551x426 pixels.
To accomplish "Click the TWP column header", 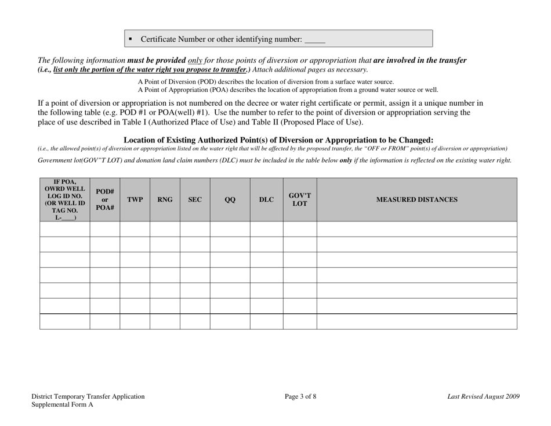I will point(135,199).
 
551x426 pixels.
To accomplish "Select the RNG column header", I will point(165,199).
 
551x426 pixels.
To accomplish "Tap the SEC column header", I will point(195,199).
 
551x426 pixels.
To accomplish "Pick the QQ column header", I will point(230,199).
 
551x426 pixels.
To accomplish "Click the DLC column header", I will point(266,199).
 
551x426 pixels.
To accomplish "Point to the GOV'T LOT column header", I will point(300,199).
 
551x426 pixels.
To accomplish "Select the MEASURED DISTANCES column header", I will point(416,199).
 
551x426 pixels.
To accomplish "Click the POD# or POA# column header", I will point(105,199).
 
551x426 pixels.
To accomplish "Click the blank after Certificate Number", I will point(315,40).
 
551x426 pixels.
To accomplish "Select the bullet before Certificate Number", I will point(130,40).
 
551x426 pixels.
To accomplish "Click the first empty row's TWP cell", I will point(135,229).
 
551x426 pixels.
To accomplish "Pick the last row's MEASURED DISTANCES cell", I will point(416,321).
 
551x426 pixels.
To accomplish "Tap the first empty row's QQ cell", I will point(230,229).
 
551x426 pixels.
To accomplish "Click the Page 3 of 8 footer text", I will point(300,397).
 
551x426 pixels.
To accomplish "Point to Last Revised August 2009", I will point(484,397).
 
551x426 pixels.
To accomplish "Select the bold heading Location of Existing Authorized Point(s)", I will point(278,140).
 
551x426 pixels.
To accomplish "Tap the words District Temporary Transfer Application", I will point(88,397).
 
